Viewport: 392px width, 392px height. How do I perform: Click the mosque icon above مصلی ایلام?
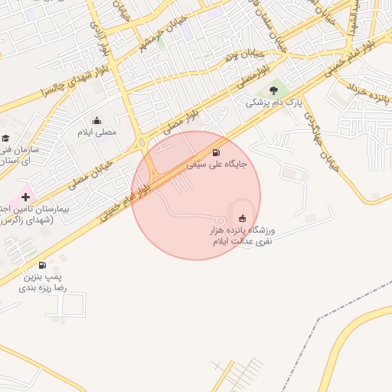(x=96, y=120)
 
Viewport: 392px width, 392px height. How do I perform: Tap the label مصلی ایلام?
(x=97, y=132)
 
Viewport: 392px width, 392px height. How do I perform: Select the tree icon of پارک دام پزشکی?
(x=273, y=91)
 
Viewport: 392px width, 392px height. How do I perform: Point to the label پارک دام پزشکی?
(x=274, y=102)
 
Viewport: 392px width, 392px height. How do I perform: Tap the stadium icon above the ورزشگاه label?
(x=243, y=217)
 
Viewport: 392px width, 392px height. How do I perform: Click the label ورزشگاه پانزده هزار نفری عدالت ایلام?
(x=243, y=235)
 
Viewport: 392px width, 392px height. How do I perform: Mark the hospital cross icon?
(x=26, y=197)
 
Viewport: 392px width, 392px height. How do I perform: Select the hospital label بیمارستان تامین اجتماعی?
(x=34, y=214)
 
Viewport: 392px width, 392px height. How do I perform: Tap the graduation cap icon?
(x=6, y=139)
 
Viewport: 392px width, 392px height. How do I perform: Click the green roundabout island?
(x=142, y=142)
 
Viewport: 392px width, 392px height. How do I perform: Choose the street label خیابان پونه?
(x=243, y=55)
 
